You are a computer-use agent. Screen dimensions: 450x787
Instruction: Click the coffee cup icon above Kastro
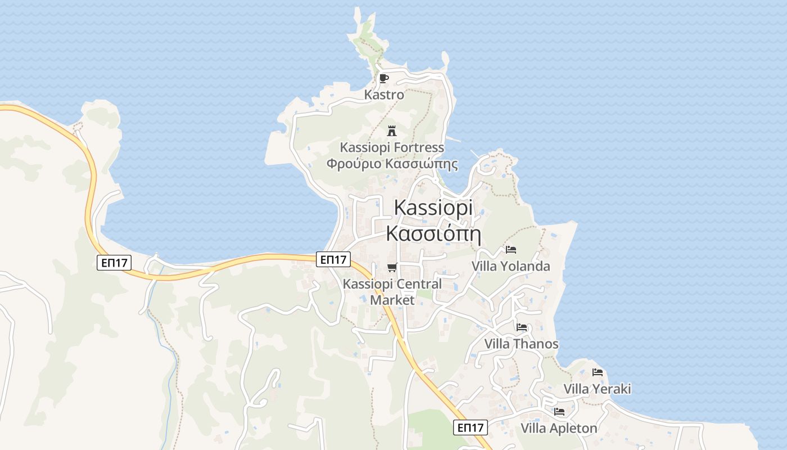click(384, 78)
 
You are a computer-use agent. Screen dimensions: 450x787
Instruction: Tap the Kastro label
click(384, 94)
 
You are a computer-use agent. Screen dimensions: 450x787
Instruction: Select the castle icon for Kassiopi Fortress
click(392, 130)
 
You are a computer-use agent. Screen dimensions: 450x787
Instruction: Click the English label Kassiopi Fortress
click(392, 147)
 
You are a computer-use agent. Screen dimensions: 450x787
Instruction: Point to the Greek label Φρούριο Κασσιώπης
click(392, 164)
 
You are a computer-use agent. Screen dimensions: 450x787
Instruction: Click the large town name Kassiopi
click(433, 207)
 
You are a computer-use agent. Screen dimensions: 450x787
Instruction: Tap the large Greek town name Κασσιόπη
click(433, 233)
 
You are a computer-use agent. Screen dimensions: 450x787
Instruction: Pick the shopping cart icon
click(392, 268)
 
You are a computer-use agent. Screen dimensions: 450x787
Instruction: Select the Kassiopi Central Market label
click(392, 291)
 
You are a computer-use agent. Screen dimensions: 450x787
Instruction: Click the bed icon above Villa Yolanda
click(510, 249)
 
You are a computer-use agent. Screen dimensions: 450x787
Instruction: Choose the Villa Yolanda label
click(510, 266)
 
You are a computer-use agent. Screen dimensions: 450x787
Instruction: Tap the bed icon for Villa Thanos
click(522, 327)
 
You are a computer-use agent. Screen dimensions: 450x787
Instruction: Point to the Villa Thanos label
click(522, 344)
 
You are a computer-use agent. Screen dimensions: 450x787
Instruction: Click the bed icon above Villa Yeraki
click(597, 372)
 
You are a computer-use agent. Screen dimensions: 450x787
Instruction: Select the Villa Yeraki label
click(597, 389)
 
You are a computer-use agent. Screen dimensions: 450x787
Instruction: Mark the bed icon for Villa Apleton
click(559, 412)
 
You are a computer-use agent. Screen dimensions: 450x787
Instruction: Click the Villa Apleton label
click(559, 428)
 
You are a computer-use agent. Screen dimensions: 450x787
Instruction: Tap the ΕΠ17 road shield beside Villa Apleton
click(471, 427)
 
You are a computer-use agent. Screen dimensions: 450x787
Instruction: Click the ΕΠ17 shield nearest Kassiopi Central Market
click(333, 259)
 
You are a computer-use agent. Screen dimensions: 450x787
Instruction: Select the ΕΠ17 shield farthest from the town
click(114, 263)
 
